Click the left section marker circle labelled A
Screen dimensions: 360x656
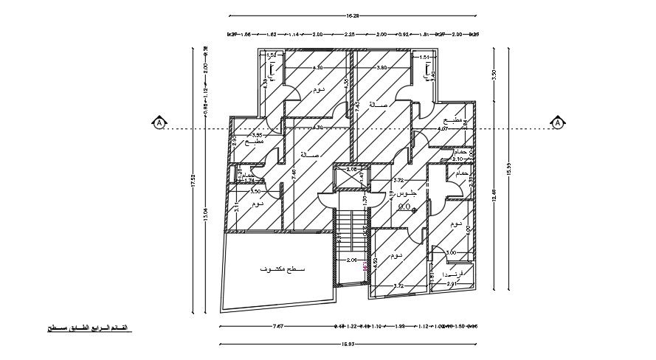tap(157, 122)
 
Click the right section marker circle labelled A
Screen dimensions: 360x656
tap(558, 122)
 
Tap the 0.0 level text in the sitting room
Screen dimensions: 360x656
tap(404, 208)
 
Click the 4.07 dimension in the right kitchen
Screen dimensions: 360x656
tap(443, 129)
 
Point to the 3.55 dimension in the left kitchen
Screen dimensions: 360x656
tap(257, 136)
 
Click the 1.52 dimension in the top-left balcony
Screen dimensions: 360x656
tap(271, 55)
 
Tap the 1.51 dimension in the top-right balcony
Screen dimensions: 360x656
tap(425, 57)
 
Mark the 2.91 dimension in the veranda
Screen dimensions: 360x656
tap(454, 283)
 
